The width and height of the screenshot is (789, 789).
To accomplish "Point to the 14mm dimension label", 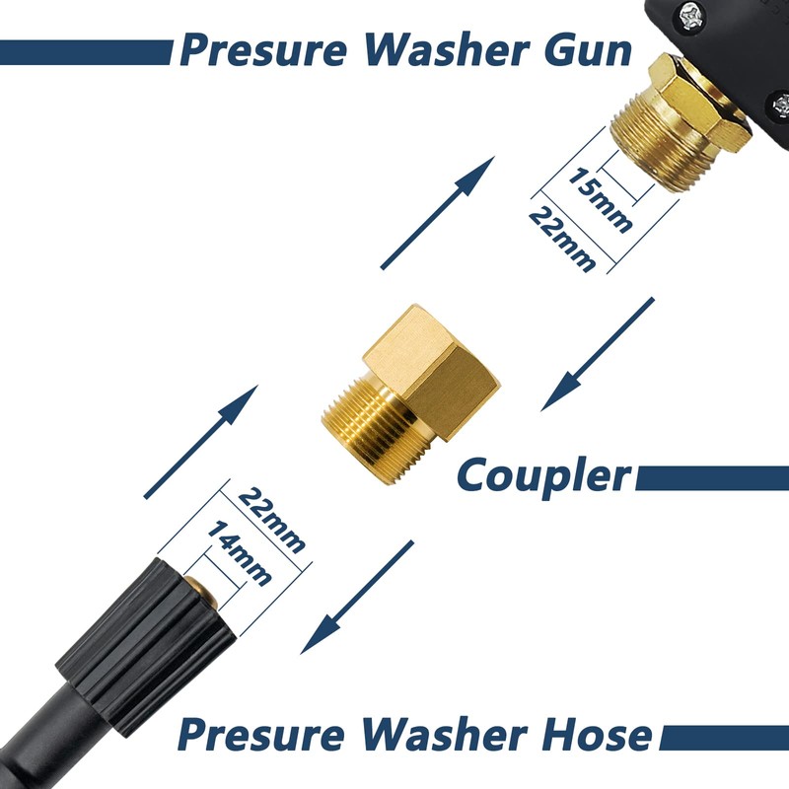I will click(238, 553).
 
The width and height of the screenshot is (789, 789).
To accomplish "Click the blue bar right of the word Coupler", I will click(711, 478).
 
